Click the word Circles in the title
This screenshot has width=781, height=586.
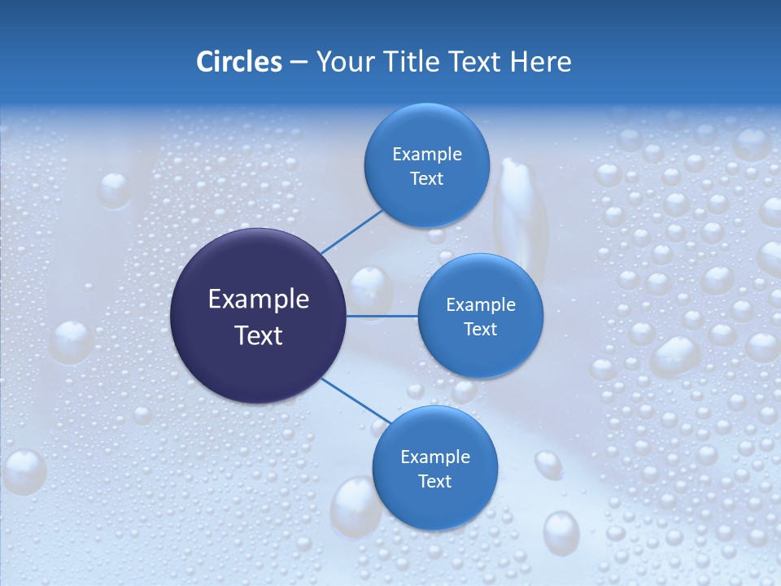(239, 62)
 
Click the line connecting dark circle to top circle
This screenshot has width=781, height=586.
(351, 231)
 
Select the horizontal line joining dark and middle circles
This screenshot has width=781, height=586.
(382, 316)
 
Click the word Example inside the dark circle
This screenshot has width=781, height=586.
(259, 300)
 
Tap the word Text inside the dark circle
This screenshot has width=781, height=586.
(259, 335)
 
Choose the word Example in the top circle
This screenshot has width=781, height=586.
(427, 155)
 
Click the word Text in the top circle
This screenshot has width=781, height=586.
(427, 179)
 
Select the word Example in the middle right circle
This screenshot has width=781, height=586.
(481, 305)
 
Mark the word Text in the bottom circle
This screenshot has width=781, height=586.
(435, 482)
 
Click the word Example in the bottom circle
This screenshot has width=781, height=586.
(435, 457)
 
